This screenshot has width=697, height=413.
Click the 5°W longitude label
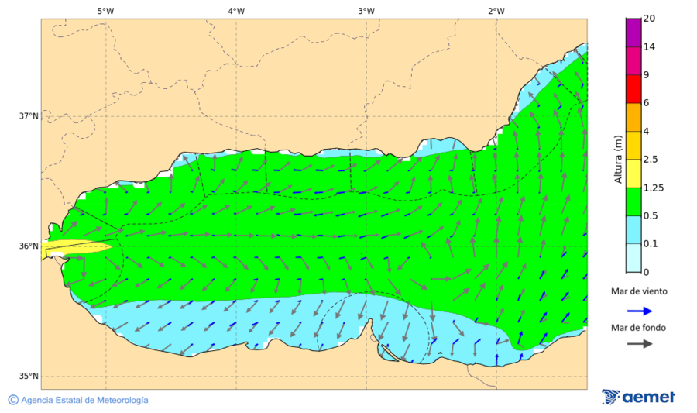click(x=105, y=11)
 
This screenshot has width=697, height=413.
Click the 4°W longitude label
click(x=236, y=11)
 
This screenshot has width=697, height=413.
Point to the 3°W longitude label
click(x=366, y=11)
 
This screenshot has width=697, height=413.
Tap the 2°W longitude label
click(x=496, y=11)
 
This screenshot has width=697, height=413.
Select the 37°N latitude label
click(x=29, y=116)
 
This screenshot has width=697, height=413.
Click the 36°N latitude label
click(x=29, y=246)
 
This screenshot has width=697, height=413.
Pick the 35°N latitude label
click(x=29, y=377)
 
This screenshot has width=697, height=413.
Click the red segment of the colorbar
click(x=633, y=89)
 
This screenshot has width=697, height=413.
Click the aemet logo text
click(x=649, y=398)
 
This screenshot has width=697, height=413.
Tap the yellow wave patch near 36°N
click(x=77, y=248)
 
